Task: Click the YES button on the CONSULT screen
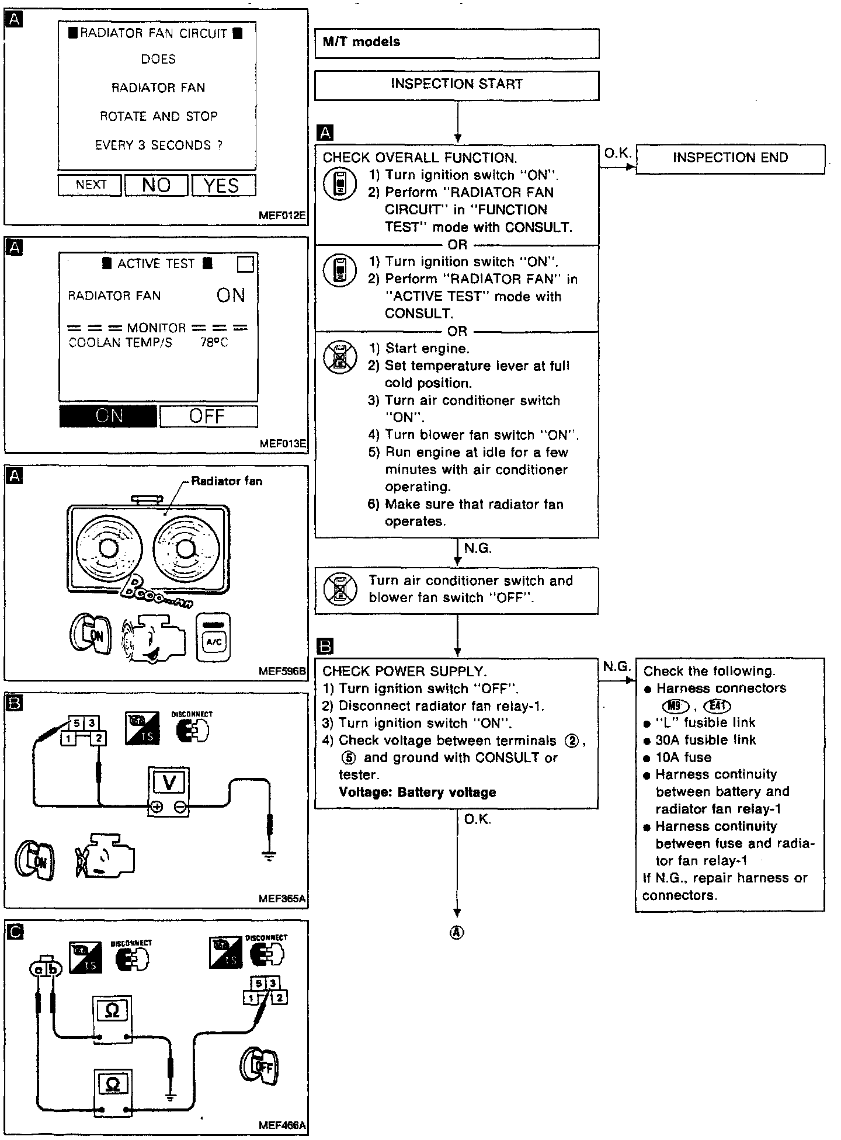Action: click(224, 185)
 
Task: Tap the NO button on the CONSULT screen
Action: click(156, 185)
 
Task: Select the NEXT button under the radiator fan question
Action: click(91, 185)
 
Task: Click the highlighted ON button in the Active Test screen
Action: click(109, 416)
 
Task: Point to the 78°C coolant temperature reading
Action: click(214, 343)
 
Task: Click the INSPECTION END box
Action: click(730, 158)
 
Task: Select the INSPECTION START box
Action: click(457, 85)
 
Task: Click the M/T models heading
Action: click(362, 42)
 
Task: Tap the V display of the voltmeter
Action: click(168, 782)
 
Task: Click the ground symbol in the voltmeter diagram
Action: click(269, 856)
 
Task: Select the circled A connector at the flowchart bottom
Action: click(457, 933)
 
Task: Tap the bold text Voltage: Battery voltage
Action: click(418, 793)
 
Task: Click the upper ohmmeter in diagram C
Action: click(112, 1017)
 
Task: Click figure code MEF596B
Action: click(282, 671)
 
